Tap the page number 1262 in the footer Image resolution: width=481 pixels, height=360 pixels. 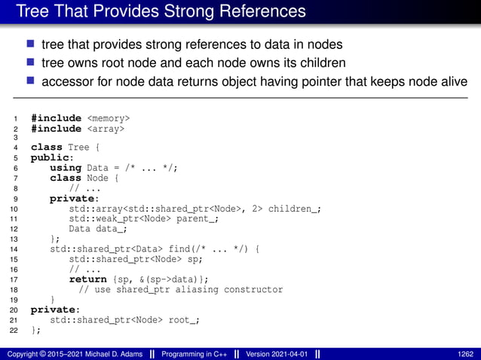tap(465, 353)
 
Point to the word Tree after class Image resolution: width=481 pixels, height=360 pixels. tap(78, 148)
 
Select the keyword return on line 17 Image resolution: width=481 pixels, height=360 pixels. tap(87, 279)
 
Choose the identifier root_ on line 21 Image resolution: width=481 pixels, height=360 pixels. tap(185, 320)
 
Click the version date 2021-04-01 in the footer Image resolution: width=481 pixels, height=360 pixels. tap(287, 353)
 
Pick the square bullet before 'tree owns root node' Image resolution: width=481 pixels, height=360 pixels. tap(32, 63)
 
